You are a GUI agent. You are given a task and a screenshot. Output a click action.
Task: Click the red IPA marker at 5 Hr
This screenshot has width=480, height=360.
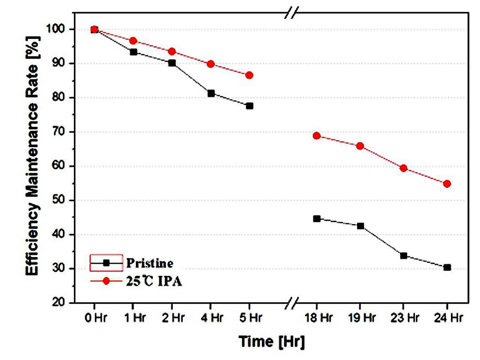coord(249,75)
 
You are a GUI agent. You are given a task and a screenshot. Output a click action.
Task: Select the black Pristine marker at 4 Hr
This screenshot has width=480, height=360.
coord(211,93)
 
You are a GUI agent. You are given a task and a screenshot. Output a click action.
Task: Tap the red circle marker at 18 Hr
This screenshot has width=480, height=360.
coord(316,136)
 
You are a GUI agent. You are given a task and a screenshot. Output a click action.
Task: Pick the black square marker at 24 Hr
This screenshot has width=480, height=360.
coord(447,267)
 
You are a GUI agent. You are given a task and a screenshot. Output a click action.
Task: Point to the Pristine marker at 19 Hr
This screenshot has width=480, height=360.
coord(360,226)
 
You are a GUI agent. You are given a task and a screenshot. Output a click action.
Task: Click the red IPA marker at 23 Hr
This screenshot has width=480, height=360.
coord(404,168)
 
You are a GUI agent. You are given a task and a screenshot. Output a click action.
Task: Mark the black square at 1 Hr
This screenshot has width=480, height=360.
coord(133,52)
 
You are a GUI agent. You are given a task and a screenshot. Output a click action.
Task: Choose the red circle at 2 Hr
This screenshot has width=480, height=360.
coord(172,52)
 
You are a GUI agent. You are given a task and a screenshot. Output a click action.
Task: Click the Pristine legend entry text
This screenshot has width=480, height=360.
coord(150,263)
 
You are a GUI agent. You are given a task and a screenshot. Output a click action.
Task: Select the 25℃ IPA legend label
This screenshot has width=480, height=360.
coord(154,281)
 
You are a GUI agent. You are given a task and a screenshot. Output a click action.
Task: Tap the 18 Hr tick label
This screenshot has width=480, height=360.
coord(319,318)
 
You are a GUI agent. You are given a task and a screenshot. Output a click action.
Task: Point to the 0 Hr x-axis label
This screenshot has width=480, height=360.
coord(96,318)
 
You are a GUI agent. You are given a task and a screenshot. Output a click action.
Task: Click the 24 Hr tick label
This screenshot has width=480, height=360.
coord(448,318)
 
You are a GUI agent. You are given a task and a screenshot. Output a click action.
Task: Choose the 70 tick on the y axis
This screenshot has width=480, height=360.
coord(59,132)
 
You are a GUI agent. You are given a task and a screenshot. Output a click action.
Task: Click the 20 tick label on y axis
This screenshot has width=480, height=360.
coord(59,303)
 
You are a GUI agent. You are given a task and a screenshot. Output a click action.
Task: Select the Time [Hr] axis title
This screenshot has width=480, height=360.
coord(271,342)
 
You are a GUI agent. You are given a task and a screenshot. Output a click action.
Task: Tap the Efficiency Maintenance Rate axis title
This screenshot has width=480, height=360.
coord(32,156)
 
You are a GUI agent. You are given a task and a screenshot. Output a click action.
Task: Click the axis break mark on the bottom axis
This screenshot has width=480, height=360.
coord(292,303)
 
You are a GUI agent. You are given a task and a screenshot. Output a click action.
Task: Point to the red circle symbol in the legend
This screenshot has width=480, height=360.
coord(106,281)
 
